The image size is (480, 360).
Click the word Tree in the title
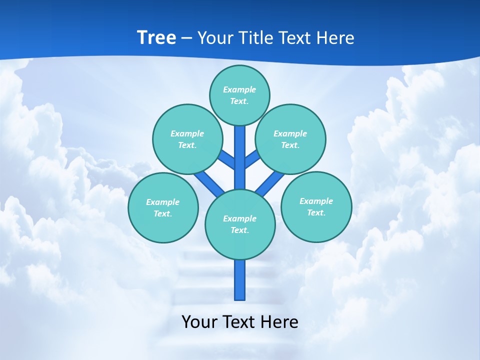156,37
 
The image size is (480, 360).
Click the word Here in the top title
335,37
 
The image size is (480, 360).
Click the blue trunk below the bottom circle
240,280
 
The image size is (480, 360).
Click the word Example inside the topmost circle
239,89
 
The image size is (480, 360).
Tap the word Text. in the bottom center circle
239,230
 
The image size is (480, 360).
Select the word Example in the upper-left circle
187,133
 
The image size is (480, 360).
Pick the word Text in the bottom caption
238,321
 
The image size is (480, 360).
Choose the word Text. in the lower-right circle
316,212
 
